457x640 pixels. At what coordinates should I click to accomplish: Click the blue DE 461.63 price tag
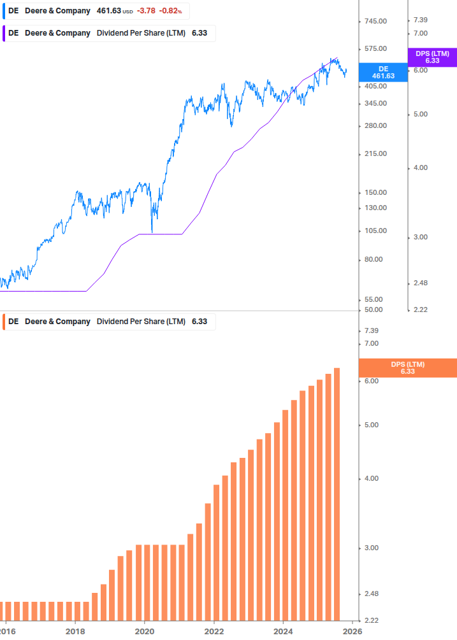383,72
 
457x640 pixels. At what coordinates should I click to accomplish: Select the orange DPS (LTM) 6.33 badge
408,367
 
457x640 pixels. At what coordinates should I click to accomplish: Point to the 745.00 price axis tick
375,22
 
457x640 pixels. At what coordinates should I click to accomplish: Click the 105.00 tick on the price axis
375,231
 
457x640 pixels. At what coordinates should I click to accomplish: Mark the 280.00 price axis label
375,125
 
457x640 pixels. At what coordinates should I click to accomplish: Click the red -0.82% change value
171,11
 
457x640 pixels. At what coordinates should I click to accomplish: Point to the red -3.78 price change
146,11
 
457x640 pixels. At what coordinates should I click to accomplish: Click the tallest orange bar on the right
337,494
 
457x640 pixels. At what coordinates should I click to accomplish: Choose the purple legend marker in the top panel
4,33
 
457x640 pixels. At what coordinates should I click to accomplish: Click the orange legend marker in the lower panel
4,322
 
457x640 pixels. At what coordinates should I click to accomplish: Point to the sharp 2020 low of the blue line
152,232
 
